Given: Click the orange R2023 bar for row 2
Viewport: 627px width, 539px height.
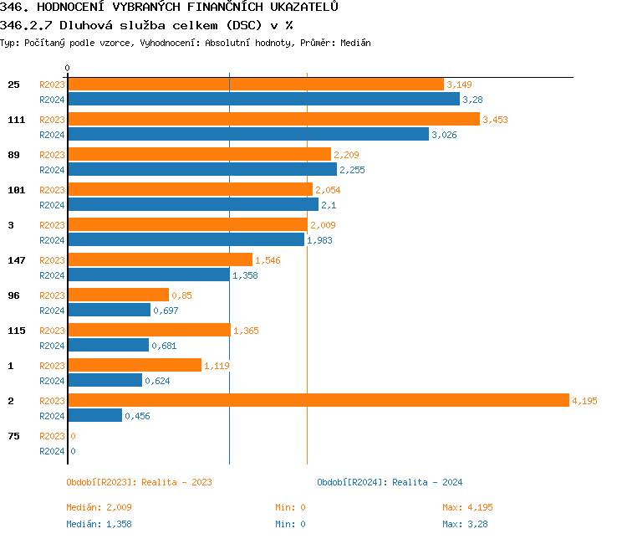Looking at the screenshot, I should pos(318,401).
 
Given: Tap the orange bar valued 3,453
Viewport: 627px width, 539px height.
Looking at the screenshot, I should pos(273,120).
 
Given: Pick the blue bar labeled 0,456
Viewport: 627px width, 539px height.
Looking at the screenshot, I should pos(94,416).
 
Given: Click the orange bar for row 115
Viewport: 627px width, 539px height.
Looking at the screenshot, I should pos(149,331).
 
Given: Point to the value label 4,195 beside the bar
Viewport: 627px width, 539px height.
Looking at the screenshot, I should pos(584,401).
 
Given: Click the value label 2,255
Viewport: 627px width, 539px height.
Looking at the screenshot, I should pos(352,170).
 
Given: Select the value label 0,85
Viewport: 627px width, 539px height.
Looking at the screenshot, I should pos(181,295).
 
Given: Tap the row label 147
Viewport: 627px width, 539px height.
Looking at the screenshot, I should pos(17,260).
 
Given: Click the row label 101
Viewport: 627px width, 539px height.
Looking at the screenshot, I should pos(17,190).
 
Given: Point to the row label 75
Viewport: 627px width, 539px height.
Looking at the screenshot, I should pos(13,436).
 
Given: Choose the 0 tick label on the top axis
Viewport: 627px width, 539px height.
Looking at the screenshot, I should pos(68,68).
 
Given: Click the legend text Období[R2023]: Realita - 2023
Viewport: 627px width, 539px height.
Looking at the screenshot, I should pos(139,482).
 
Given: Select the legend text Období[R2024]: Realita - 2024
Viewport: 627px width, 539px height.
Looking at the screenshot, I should pos(390,482).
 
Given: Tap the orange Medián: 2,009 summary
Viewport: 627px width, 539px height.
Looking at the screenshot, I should pos(99,507).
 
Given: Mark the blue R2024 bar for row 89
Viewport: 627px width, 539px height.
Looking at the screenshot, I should pos(201,170).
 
